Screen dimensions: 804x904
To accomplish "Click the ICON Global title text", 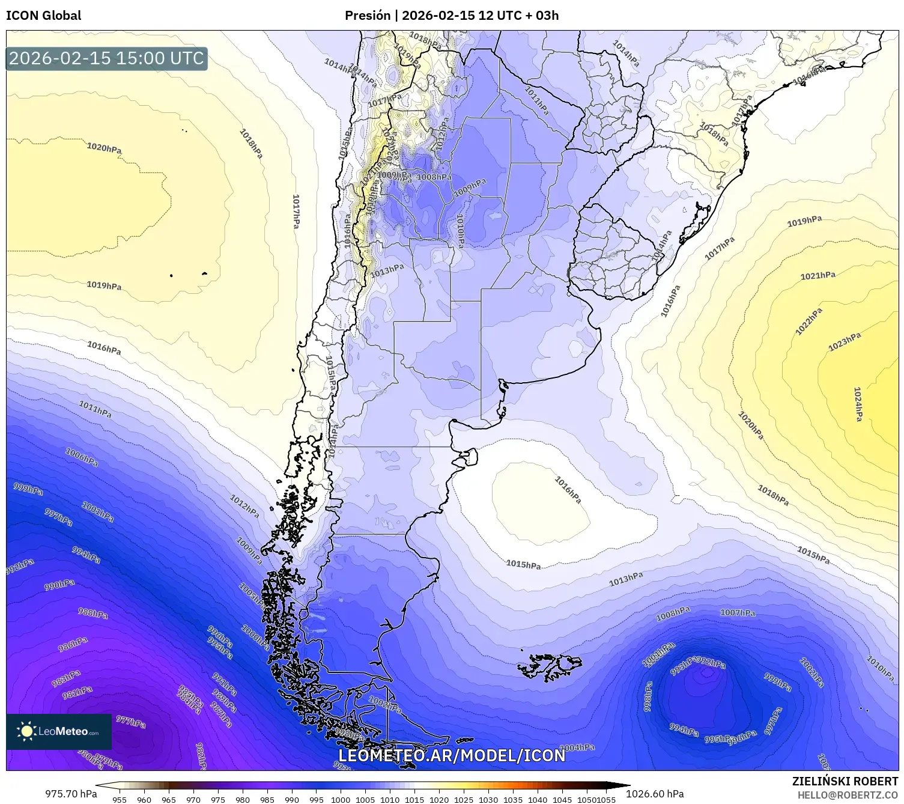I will coord(43,16).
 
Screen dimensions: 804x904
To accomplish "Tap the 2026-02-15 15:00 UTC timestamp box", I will coord(106,58).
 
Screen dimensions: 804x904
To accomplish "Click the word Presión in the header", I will coord(367,16).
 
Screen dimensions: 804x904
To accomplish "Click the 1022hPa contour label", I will coord(808,321).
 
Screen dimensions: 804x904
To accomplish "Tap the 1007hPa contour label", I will coord(737,613).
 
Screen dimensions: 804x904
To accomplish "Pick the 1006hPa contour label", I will coord(82,457).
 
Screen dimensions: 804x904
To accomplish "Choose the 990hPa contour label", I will coord(59,585).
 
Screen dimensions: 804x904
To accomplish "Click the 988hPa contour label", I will coord(93,614).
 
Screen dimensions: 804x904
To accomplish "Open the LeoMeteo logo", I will coord(59,731).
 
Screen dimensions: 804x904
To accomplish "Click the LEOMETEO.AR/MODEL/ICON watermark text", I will coord(452,755).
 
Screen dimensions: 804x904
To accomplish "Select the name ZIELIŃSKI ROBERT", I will coord(845,781).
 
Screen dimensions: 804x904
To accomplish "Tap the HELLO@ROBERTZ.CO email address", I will coord(848,794).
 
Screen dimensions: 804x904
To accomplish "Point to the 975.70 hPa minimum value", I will coord(71,793).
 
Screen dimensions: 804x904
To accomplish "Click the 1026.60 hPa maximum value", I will coord(655,793).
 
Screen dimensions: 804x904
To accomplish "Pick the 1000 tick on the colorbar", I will coord(340,799).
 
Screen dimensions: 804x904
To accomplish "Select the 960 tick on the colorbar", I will coord(144,799).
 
